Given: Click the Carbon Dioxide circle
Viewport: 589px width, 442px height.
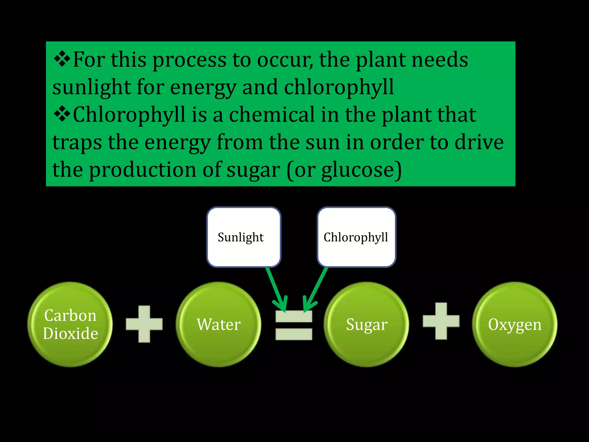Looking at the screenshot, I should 70,324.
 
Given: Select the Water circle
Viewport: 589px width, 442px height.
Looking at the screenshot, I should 219,324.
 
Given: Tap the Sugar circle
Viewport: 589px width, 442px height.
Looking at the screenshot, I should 366,324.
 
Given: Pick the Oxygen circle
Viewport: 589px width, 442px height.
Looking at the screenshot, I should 515,324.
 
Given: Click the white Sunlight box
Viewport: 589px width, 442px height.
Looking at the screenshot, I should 244,237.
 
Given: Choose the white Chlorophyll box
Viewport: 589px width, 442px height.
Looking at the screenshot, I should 356,237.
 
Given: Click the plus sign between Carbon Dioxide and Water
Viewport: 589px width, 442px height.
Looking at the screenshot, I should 144,324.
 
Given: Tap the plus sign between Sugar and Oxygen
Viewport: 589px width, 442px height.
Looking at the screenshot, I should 441,321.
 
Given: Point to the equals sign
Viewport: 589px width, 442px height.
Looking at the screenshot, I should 294,325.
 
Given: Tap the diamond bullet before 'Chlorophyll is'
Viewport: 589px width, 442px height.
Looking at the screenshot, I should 62,114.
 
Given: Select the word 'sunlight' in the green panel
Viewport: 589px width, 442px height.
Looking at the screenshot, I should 92,87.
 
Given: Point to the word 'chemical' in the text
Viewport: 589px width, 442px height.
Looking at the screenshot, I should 272,115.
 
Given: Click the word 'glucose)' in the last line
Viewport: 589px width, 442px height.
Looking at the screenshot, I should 361,170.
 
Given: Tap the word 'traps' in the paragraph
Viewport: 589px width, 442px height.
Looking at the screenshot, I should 77,143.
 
